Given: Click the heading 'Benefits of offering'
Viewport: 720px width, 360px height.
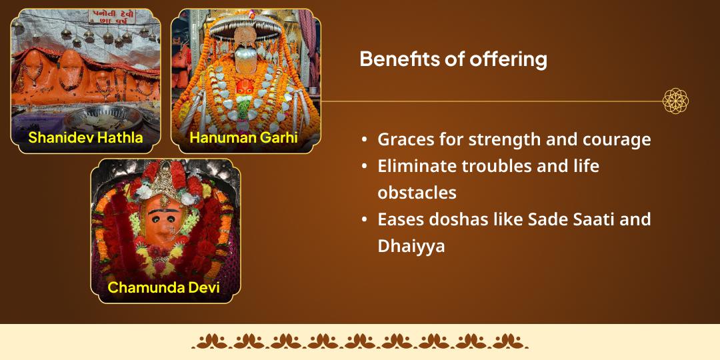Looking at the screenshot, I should click(453, 59).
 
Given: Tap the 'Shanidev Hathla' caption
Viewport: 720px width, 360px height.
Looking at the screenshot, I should click(85, 138).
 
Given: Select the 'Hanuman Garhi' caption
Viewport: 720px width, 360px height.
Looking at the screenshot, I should click(243, 138).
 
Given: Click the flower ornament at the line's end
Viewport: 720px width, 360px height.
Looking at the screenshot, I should click(675, 101).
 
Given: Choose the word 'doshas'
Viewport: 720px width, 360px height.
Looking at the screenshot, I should click(466, 219).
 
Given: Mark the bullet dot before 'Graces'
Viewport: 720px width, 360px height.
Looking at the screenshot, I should click(364, 141).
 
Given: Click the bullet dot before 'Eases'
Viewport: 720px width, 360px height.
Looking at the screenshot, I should click(364, 220).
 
